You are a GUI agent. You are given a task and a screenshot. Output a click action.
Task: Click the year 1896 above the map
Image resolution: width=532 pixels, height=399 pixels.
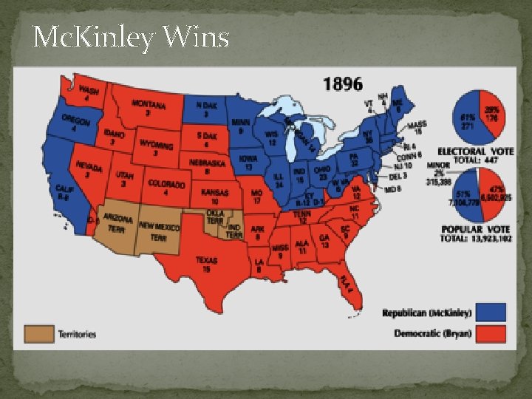click(343, 84)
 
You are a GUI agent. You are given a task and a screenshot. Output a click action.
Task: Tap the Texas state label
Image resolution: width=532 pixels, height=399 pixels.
click(207, 265)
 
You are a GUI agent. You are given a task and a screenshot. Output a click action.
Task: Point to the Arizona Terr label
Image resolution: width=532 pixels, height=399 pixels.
click(117, 223)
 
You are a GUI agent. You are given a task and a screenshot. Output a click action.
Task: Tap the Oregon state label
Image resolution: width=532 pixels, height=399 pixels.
click(76, 123)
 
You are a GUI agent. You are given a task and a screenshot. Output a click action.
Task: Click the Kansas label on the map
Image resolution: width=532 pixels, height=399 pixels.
click(215, 195)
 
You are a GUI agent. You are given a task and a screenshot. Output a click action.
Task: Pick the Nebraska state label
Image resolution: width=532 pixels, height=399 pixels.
click(206, 167)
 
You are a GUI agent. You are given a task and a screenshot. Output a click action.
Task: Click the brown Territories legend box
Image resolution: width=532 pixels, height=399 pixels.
click(39, 334)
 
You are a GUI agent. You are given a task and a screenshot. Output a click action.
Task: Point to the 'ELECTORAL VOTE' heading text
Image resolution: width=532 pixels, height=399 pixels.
click(475, 151)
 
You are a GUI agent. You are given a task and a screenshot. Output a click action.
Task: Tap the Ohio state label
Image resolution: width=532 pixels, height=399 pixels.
click(322, 174)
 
